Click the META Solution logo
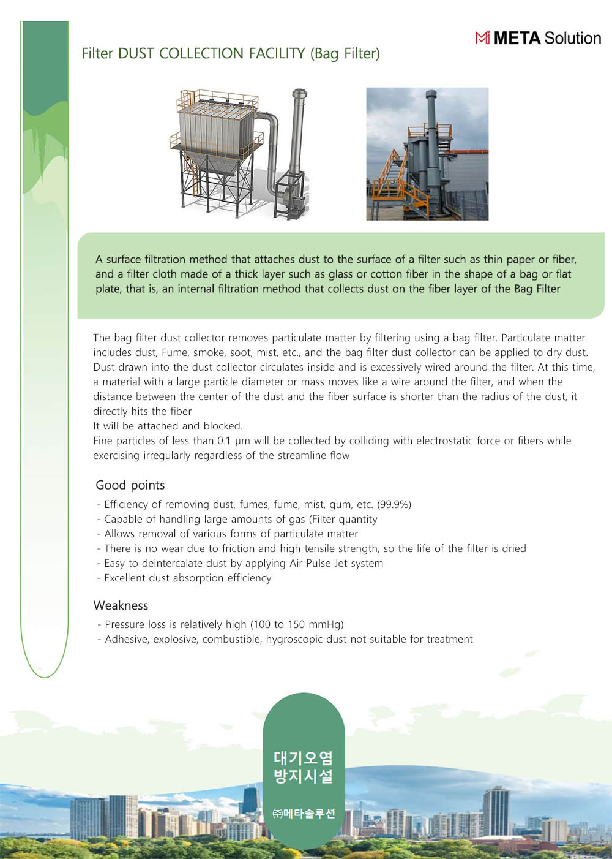click(x=538, y=38)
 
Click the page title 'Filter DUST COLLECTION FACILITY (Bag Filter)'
click(x=231, y=53)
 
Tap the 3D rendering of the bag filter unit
click(x=239, y=153)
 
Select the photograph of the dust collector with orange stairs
click(x=427, y=153)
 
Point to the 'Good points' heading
click(x=130, y=485)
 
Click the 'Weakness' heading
click(x=121, y=605)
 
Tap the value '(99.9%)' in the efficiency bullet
click(x=394, y=504)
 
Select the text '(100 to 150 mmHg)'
click(x=297, y=624)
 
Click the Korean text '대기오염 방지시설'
click(x=304, y=767)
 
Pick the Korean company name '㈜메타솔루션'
click(x=304, y=814)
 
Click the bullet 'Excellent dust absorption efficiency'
click(x=187, y=578)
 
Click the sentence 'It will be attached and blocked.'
click(x=168, y=426)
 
